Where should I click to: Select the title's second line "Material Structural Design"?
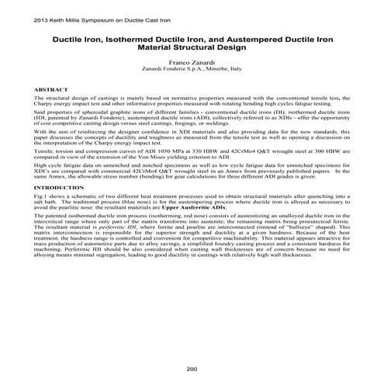point(192,47)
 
